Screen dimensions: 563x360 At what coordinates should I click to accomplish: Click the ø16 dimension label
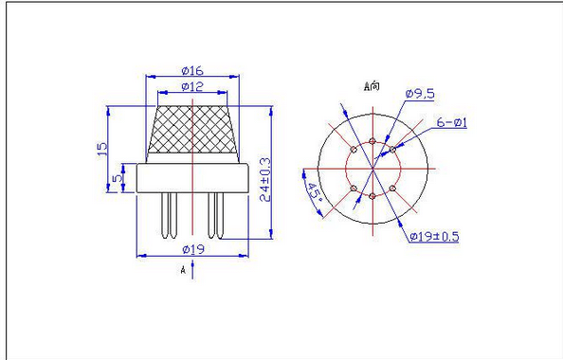192,70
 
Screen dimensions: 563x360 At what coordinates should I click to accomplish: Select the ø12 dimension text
192,86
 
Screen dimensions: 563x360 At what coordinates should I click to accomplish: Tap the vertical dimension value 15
102,149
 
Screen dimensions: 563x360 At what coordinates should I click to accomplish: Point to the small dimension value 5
118,178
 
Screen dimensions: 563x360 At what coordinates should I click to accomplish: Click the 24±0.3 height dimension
265,179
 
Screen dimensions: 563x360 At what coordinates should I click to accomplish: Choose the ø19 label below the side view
193,249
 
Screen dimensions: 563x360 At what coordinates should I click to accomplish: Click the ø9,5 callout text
420,94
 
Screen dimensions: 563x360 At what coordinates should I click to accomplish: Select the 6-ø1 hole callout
452,123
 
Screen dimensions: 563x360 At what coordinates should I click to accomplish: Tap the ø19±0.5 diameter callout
434,237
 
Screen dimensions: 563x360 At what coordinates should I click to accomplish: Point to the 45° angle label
314,194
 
